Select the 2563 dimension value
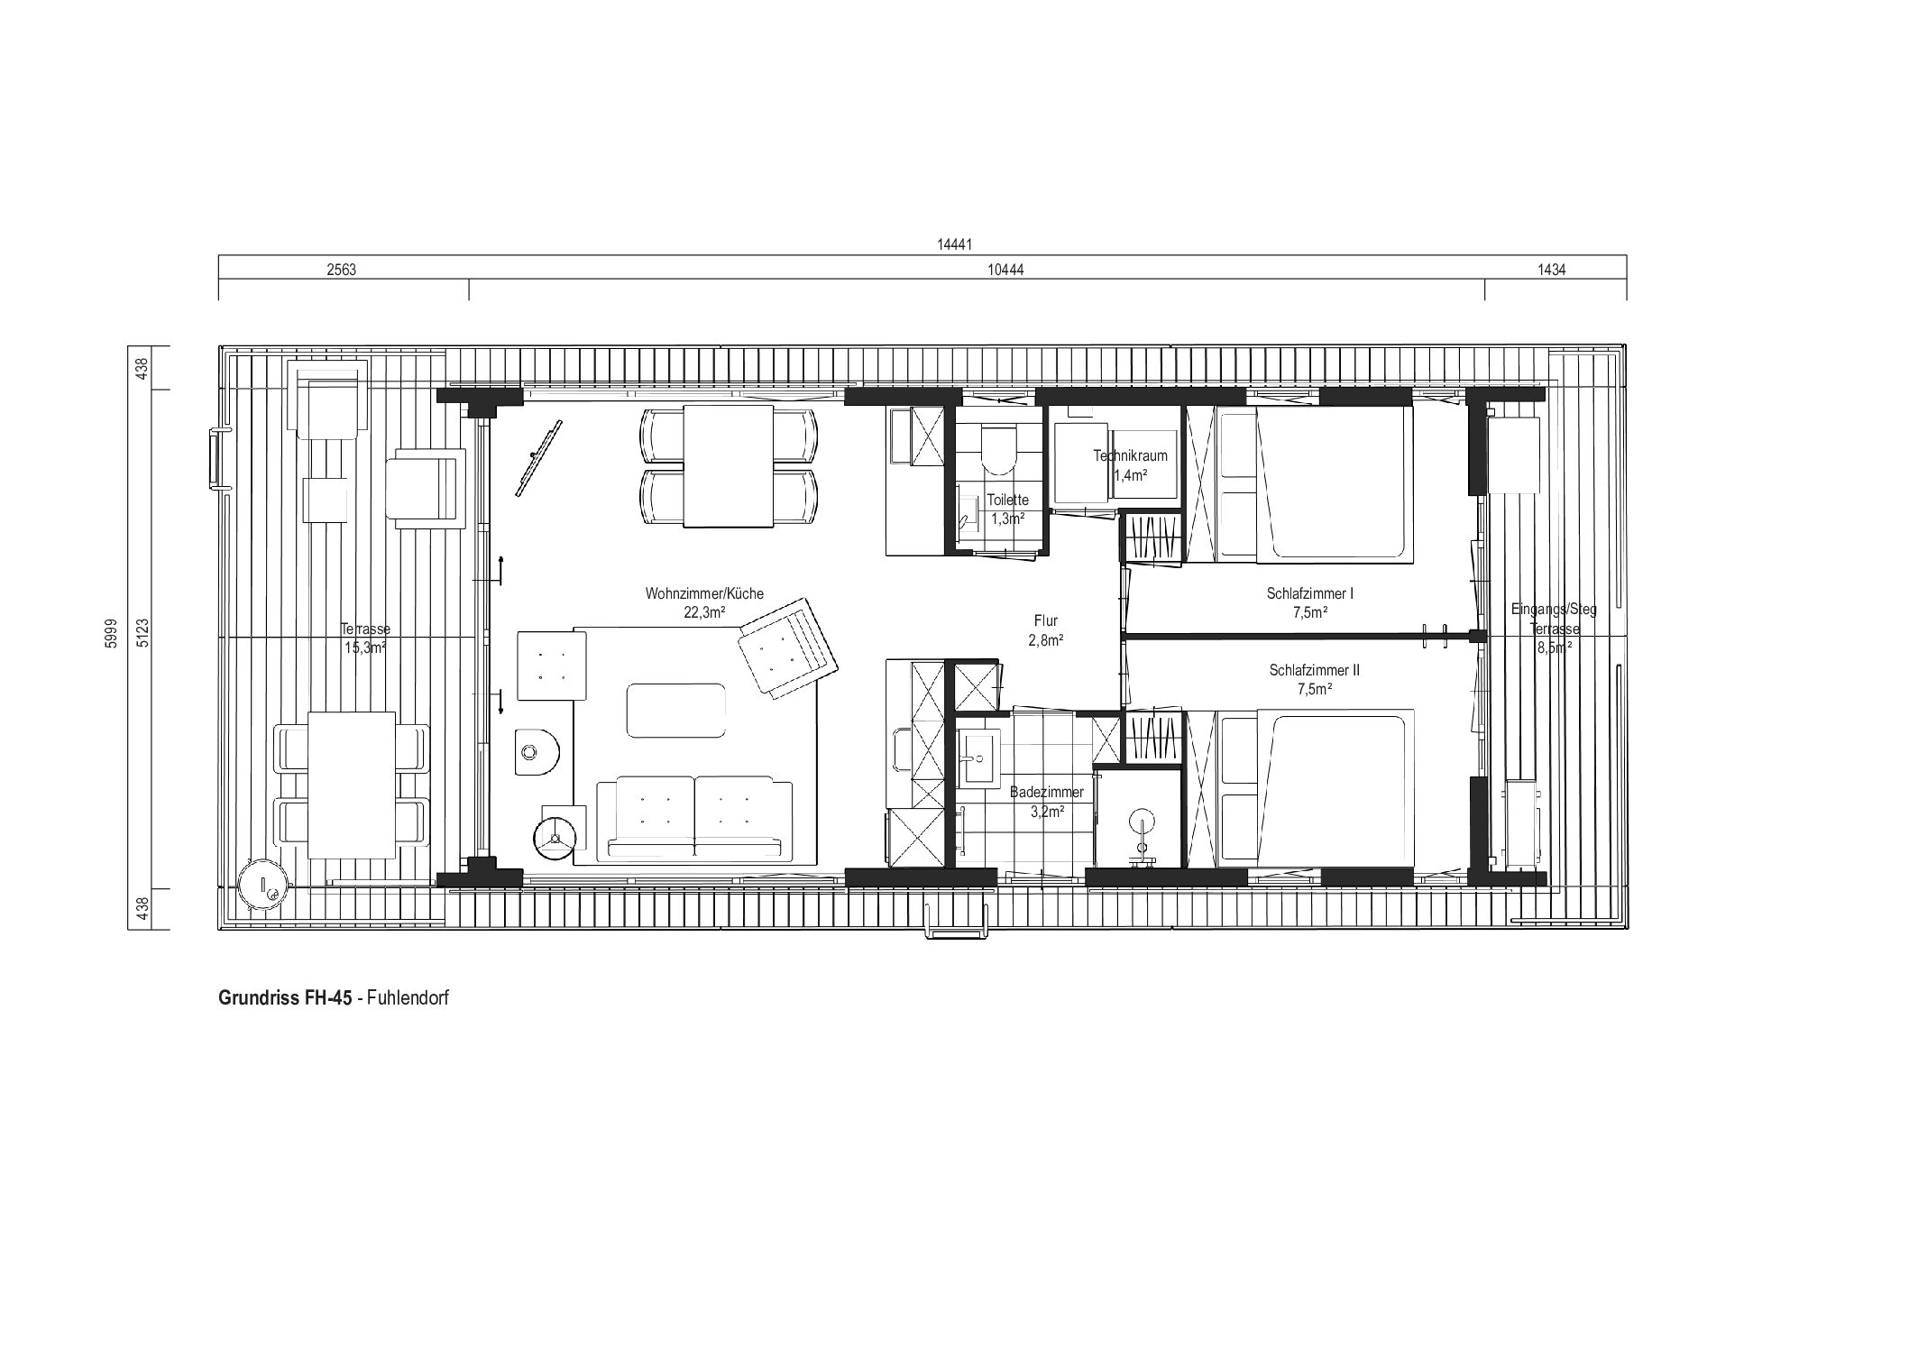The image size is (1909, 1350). [341, 270]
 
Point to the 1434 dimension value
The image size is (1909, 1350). [1551, 270]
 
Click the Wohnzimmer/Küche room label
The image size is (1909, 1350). [704, 594]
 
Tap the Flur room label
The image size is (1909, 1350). [1046, 621]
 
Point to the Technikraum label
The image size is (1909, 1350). [1130, 456]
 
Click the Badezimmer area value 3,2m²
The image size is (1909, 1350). [1047, 812]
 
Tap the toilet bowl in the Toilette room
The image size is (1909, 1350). [998, 449]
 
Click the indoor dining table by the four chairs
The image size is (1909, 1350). [729, 466]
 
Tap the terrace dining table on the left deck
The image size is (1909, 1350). [352, 784]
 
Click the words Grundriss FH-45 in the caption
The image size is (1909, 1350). [285, 998]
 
